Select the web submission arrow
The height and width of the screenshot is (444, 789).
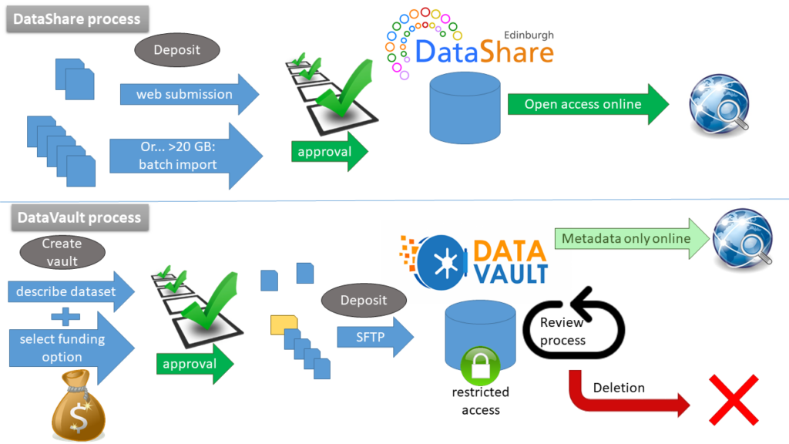(x=185, y=95)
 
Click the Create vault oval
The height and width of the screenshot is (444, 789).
(x=62, y=252)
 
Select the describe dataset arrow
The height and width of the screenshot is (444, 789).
(x=69, y=291)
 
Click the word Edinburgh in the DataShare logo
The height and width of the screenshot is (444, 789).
(x=528, y=35)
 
